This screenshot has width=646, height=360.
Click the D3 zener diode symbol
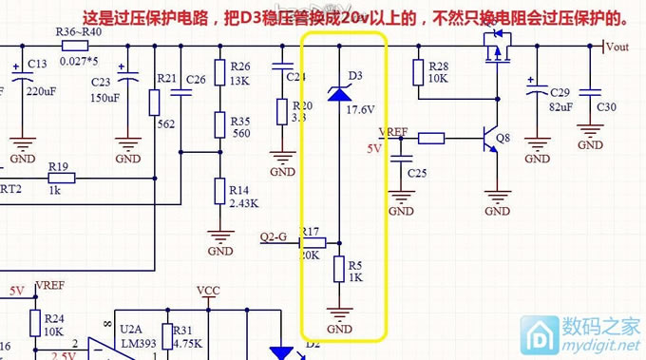tap(341, 92)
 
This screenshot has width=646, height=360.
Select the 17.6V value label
tap(361, 110)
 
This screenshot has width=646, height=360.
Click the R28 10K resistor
tap(418, 71)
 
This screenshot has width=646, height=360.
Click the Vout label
tap(618, 46)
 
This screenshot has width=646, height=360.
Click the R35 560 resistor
tap(219, 123)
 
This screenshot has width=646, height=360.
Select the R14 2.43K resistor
tap(219, 191)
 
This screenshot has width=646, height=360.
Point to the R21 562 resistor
tap(154, 102)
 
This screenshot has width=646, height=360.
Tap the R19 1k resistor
tap(61, 177)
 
